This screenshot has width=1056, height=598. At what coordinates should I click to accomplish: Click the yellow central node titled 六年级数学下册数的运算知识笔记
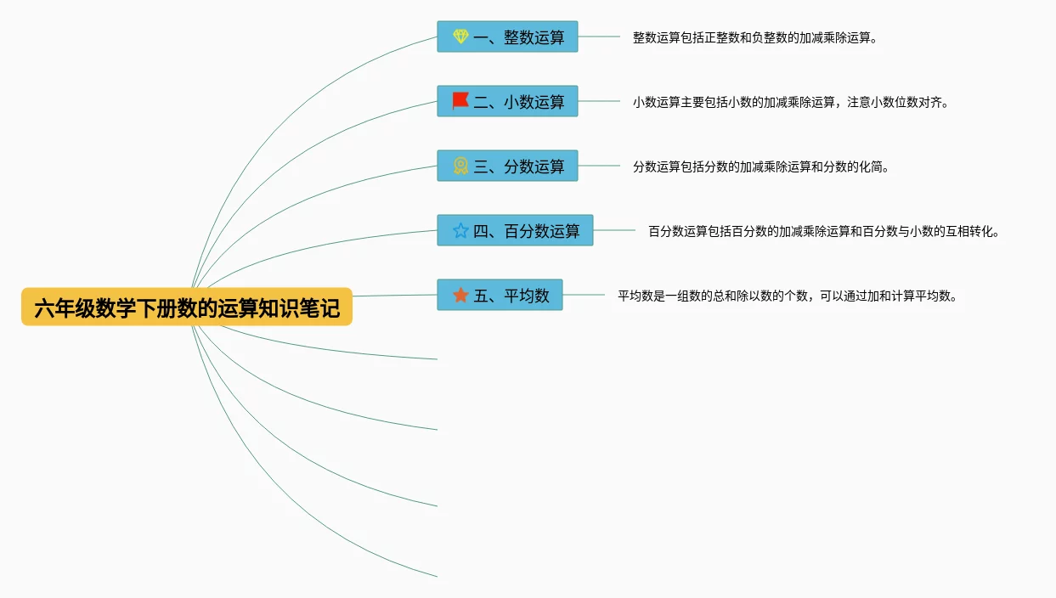click(x=186, y=307)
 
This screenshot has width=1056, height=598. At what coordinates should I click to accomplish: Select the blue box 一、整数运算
click(x=507, y=37)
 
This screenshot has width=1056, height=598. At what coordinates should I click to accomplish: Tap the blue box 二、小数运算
click(x=507, y=102)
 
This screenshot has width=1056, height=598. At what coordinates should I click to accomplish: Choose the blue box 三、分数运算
click(x=507, y=166)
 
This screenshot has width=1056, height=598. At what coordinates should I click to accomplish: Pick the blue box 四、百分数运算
click(x=515, y=230)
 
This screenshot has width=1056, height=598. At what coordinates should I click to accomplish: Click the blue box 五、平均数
click(x=500, y=295)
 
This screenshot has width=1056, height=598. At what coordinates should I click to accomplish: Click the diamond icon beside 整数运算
click(x=460, y=37)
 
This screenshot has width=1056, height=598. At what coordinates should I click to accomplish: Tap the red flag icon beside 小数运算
click(x=460, y=101)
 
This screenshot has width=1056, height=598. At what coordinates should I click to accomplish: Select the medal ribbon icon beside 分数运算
click(x=460, y=166)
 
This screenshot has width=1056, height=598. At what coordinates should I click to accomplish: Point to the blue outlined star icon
click(x=460, y=230)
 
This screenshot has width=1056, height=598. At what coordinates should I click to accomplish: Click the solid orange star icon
click(x=460, y=295)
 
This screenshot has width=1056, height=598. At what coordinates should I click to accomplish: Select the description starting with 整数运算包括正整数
click(x=754, y=38)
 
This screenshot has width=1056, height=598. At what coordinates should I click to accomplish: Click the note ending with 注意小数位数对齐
click(x=790, y=103)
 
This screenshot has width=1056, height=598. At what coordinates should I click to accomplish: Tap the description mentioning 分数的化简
click(x=760, y=167)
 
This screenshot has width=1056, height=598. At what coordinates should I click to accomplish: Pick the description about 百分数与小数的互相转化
click(x=824, y=231)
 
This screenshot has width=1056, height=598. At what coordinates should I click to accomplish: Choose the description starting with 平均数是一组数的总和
click(x=788, y=296)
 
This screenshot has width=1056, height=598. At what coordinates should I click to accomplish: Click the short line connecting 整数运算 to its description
click(x=599, y=37)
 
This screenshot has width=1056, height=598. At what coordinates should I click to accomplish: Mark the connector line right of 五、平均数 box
click(x=584, y=295)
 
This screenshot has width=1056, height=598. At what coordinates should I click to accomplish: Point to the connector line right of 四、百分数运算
click(x=614, y=230)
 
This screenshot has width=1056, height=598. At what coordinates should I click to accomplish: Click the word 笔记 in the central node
click(x=324, y=307)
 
